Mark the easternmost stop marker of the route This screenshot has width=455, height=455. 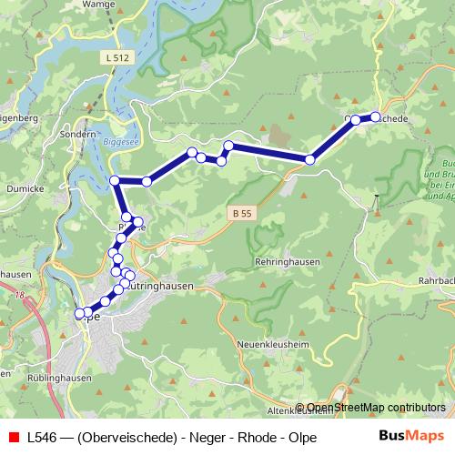point(375,116)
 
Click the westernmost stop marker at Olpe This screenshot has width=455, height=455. point(79,314)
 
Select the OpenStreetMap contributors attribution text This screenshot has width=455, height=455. point(376,408)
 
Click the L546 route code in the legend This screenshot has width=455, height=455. point(43,437)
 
